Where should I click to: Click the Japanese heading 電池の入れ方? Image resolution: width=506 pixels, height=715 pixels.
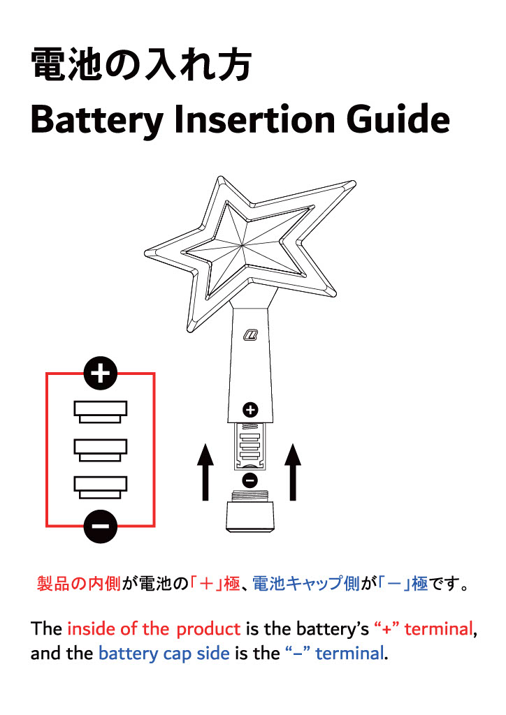[x=140, y=66]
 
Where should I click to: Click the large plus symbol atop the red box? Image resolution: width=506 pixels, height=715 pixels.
[x=101, y=374]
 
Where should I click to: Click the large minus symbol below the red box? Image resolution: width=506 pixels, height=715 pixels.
[x=101, y=526]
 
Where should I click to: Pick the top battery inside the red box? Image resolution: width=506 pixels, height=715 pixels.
[x=101, y=412]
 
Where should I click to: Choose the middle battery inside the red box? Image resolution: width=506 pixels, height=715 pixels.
[x=101, y=450]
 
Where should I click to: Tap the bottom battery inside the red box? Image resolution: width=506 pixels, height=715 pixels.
[x=101, y=487]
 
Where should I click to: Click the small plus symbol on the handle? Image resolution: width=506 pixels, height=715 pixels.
[x=250, y=410]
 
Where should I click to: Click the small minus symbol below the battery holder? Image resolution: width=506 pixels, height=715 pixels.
[x=250, y=480]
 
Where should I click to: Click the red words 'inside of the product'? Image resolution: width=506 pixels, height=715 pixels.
[x=154, y=628]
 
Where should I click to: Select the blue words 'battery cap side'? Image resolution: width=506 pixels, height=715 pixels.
[x=164, y=654]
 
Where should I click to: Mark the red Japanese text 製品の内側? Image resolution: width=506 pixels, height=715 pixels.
[x=79, y=584]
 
